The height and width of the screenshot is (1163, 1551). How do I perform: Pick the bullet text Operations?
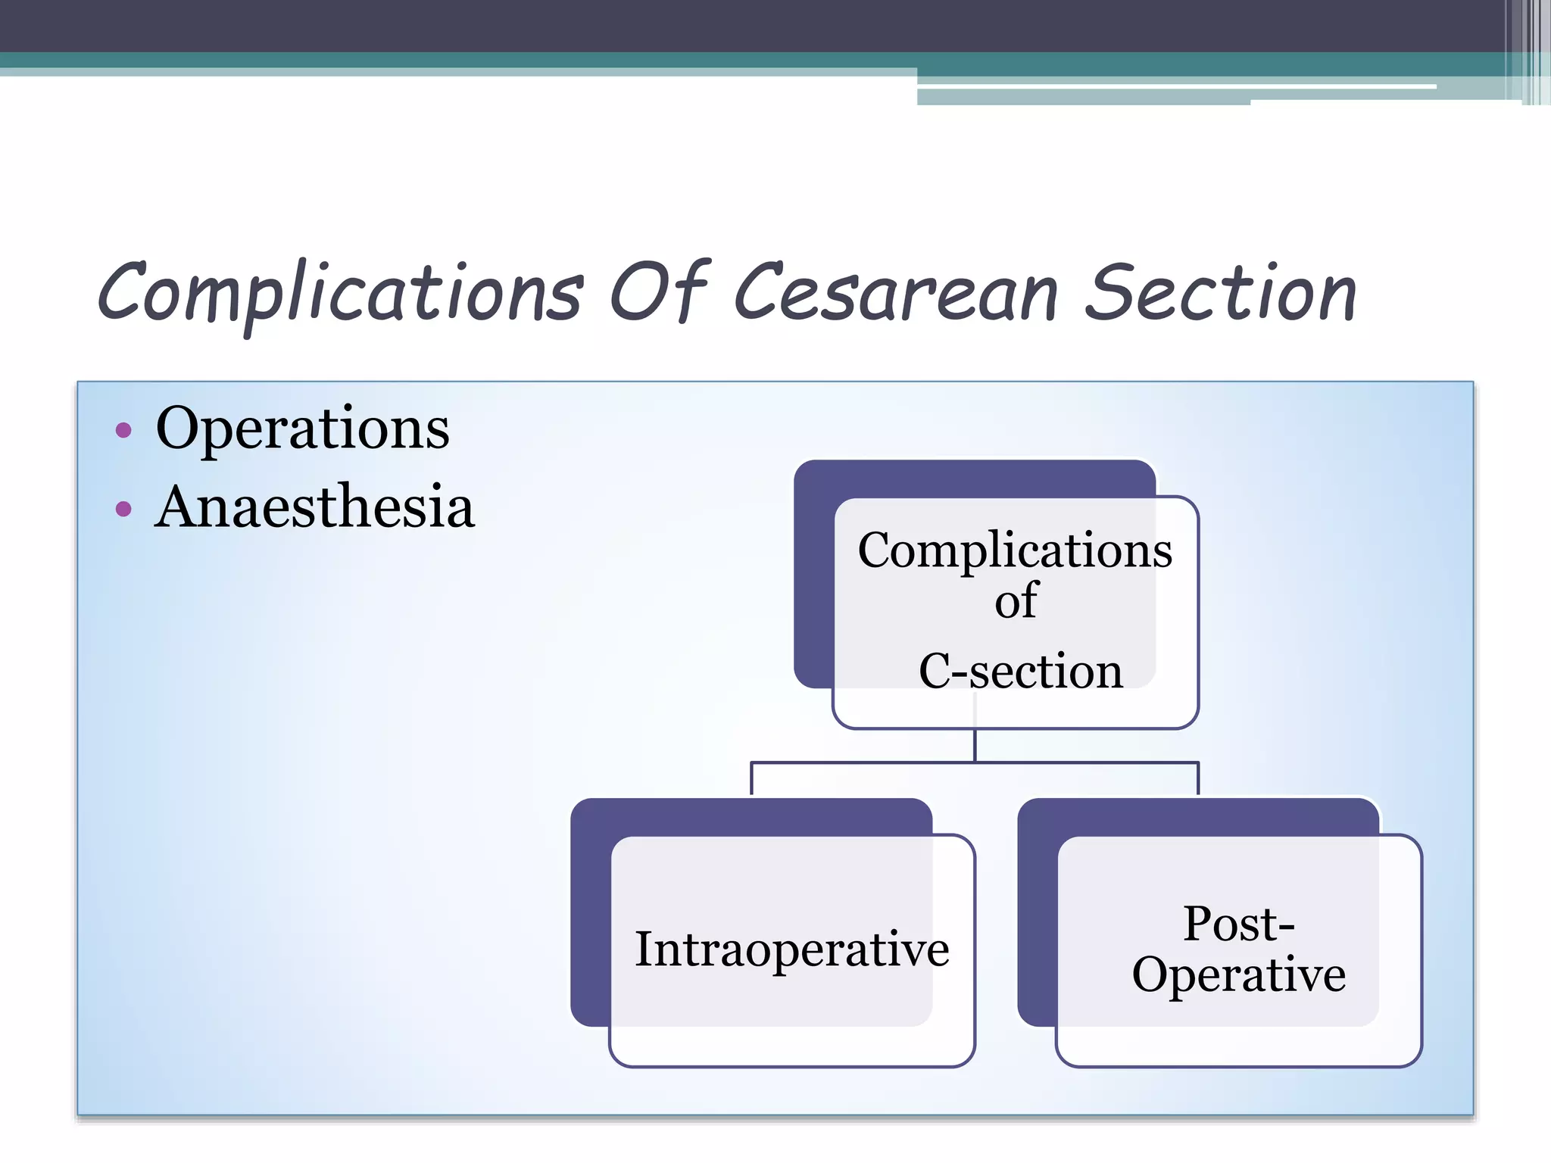tap(302, 429)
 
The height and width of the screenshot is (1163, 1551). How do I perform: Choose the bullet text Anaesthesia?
tap(314, 507)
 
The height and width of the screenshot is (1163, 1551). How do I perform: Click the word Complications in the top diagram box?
tap(1014, 550)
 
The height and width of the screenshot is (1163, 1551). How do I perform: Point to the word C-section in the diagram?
tap(1020, 671)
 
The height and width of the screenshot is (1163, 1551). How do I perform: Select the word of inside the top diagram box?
tap(1016, 601)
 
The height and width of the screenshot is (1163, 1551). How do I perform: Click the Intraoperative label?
tap(791, 949)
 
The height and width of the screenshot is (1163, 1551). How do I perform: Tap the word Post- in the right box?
tap(1238, 924)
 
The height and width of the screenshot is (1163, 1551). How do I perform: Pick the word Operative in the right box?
tap(1238, 974)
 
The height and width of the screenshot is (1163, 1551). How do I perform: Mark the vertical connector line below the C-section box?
tap(975, 746)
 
